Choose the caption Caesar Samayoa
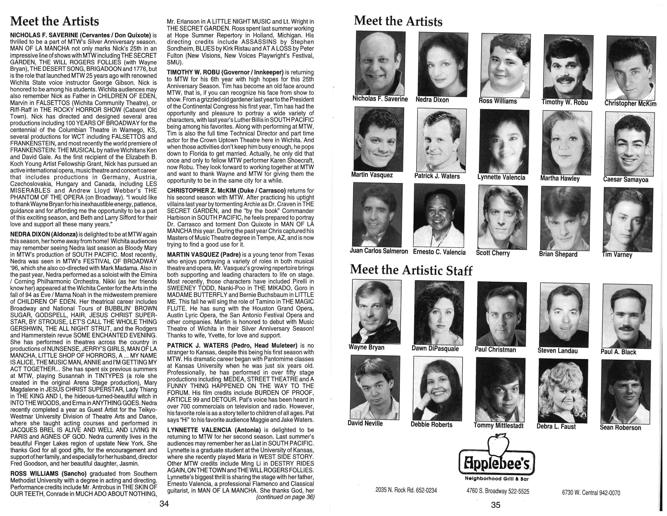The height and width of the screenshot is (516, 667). [x=626, y=179]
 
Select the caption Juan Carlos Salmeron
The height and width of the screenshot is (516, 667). [x=379, y=251]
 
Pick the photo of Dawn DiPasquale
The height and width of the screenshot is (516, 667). [x=439, y=312]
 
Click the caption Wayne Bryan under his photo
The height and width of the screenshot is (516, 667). [x=366, y=347]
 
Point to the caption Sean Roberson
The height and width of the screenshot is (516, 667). [x=620, y=427]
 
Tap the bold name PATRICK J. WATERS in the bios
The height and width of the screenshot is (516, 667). [x=198, y=345]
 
